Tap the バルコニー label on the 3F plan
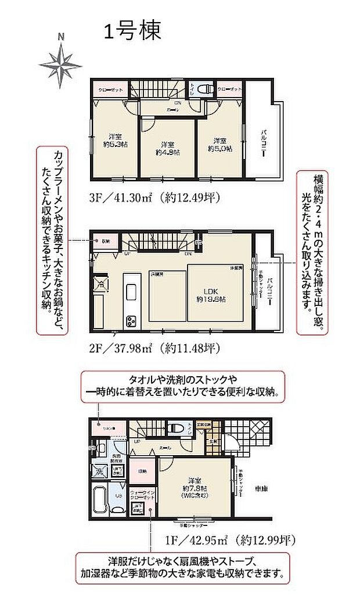pos(263,139)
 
